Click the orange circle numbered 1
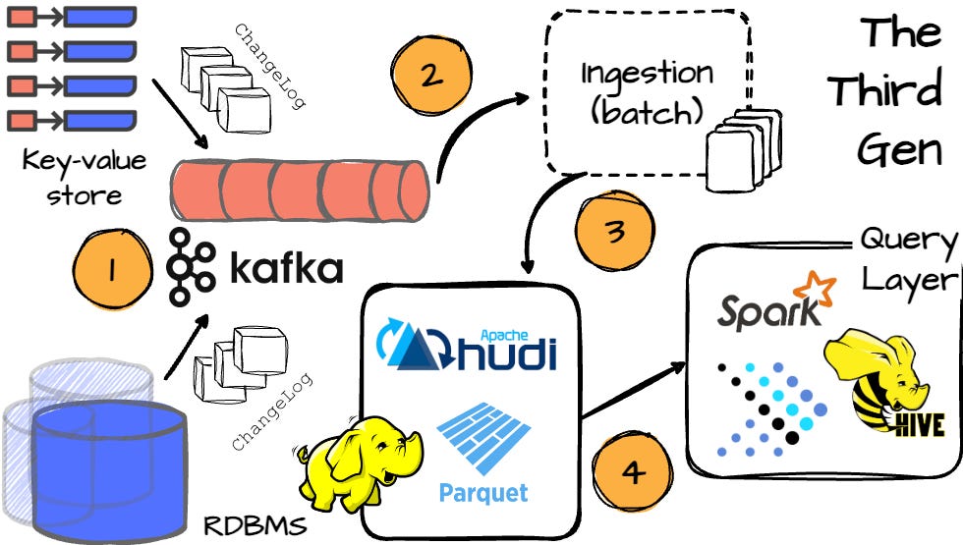tap(112, 269)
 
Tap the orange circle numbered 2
tap(431, 75)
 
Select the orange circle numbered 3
tap(615, 231)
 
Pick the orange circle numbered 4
tap(633, 472)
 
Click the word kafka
tap(286, 267)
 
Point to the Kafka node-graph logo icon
tap(191, 266)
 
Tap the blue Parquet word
tap(483, 493)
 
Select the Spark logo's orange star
tap(815, 288)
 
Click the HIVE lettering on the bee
tap(919, 424)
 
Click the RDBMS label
tap(255, 526)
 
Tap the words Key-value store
tap(85, 178)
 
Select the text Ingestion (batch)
tap(647, 92)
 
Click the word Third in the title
tap(885, 89)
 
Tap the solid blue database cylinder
tap(109, 469)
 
